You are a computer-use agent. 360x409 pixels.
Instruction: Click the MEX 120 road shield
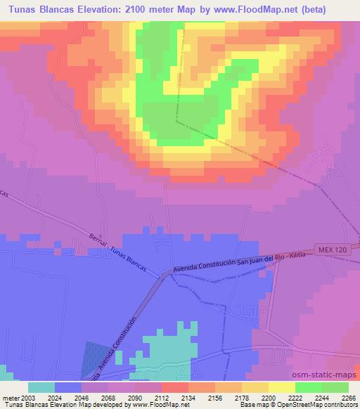(x=335, y=249)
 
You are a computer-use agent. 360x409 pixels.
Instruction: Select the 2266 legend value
(x=349, y=397)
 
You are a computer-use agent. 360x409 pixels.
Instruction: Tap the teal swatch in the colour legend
(x=41, y=387)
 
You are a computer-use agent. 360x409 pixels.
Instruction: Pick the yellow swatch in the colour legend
(x=281, y=387)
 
